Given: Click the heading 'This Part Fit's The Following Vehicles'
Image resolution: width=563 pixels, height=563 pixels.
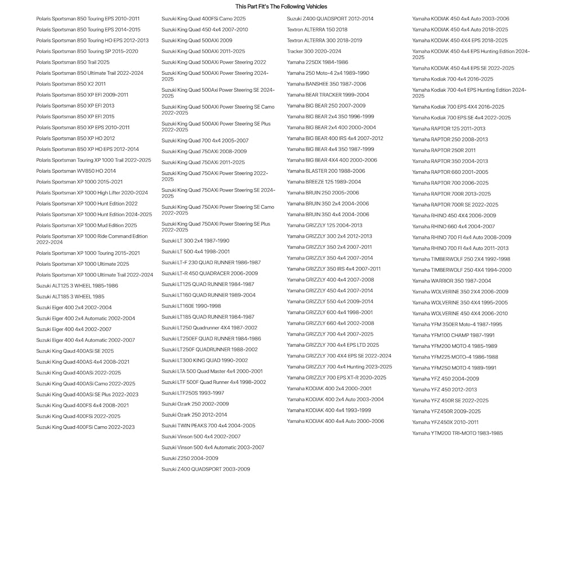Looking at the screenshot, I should [281, 7].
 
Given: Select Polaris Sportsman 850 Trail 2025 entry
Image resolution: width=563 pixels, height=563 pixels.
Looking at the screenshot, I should [73, 62].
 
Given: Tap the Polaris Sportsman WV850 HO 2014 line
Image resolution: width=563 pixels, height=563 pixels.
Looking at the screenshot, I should [76, 171].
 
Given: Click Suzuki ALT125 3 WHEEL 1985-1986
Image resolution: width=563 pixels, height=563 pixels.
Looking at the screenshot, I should [77, 286].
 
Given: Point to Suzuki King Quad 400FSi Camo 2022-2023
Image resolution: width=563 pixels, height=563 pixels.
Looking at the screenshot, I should [86, 427].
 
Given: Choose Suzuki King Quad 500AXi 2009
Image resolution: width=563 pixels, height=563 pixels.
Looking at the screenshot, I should [196, 41].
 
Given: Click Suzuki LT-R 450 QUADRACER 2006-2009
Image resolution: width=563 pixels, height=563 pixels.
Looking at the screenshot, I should [209, 274].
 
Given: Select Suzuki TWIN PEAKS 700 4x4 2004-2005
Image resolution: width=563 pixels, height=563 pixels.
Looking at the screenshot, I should [208, 426].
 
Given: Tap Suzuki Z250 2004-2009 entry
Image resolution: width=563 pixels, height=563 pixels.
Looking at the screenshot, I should [190, 458].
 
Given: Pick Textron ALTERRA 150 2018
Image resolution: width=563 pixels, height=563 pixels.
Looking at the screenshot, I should [317, 30].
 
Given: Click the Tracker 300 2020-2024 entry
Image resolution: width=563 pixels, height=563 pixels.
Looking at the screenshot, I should [314, 51].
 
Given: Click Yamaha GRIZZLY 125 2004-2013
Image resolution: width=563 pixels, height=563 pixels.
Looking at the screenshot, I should [324, 225].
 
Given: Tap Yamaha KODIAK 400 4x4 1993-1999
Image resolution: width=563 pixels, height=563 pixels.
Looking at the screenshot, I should [329, 410].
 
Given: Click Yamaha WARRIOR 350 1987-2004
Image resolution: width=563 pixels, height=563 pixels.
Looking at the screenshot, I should [452, 281].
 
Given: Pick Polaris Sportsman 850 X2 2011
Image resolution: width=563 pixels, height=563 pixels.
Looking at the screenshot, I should [71, 84].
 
